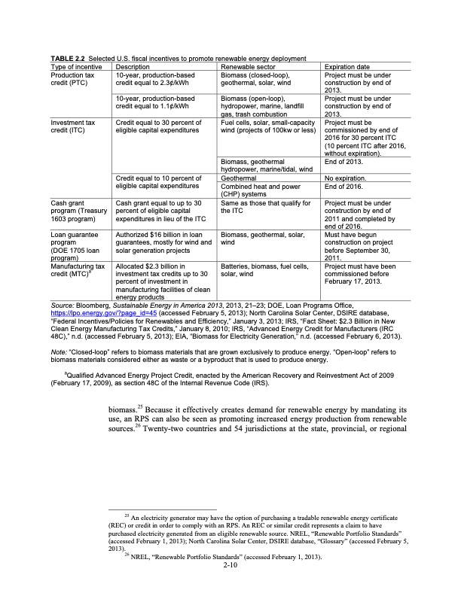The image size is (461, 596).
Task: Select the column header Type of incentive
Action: coord(76,66)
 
